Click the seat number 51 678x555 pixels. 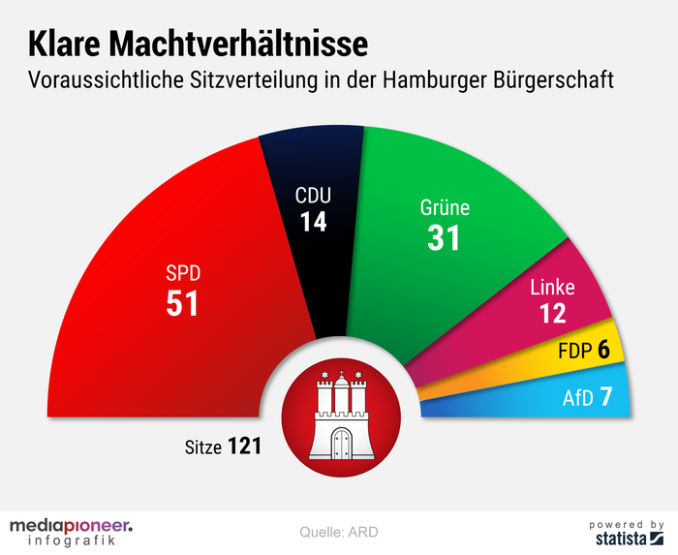tap(182, 303)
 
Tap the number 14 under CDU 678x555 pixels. tap(312, 222)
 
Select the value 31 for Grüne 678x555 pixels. tap(445, 237)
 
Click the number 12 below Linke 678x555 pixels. tap(552, 313)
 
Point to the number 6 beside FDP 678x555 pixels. tap(603, 350)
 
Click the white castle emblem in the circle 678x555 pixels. tap(339, 417)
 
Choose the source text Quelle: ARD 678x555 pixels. tap(339, 532)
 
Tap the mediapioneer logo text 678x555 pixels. tap(71, 526)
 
